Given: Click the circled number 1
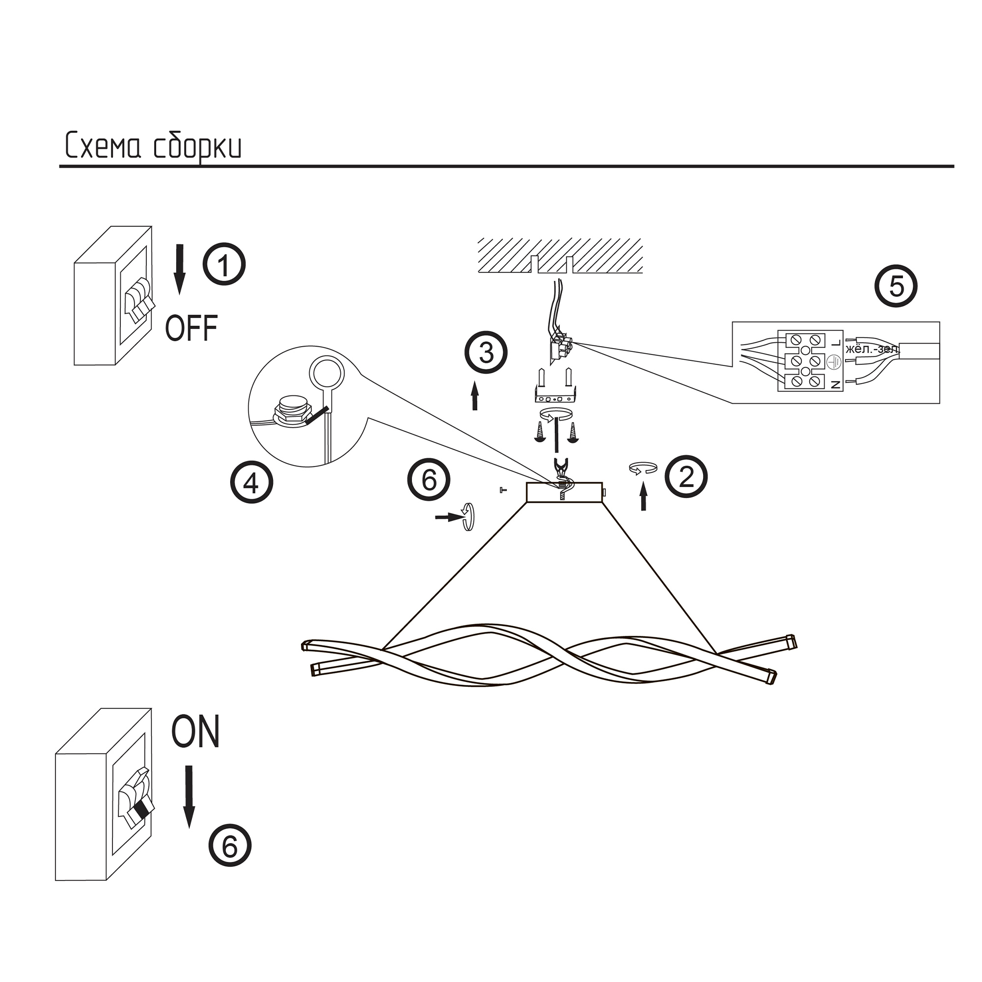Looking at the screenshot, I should (224, 265).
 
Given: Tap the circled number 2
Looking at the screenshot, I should (686, 476).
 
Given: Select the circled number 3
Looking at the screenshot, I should (486, 352).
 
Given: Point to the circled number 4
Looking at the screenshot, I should (251, 482).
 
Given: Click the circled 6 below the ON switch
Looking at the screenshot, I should (230, 846).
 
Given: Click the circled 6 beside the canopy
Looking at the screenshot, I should (429, 480).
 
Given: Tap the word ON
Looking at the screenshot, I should (196, 732).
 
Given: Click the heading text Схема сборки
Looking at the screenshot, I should (153, 146).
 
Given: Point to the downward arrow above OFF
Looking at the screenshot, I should (179, 269).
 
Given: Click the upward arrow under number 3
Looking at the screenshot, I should (475, 395).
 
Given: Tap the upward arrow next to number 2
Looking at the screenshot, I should (644, 496).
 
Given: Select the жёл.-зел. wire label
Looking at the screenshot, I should (872, 350).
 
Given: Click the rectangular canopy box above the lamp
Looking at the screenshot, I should (564, 492).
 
